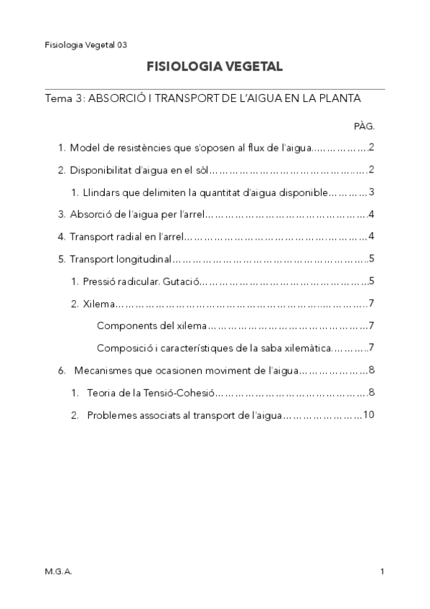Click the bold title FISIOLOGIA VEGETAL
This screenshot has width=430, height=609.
pyautogui.click(x=215, y=67)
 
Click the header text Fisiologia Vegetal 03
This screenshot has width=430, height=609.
pyautogui.click(x=86, y=45)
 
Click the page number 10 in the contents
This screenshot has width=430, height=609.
pyautogui.click(x=369, y=415)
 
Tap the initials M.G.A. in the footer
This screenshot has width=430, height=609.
pyautogui.click(x=58, y=571)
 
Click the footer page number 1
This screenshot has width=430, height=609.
pyautogui.click(x=383, y=571)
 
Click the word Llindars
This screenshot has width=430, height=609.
pyautogui.click(x=98, y=192)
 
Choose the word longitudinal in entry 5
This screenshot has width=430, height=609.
pyautogui.click(x=145, y=258)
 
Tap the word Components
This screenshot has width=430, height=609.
pyautogui.click(x=123, y=326)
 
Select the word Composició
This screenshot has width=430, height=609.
pyautogui.click(x=123, y=348)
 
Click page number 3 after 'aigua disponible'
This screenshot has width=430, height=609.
pyautogui.click(x=372, y=192)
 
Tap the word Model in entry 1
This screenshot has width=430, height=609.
pyautogui.click(x=83, y=148)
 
